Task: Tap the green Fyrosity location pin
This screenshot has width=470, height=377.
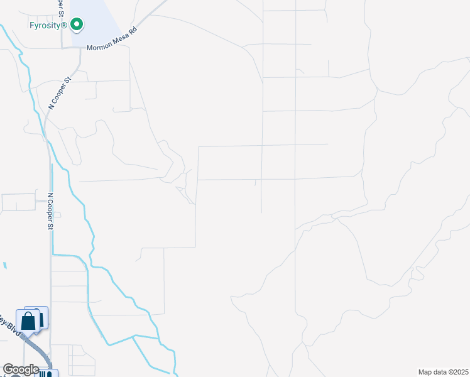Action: (77, 25)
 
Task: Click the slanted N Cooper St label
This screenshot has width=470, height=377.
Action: (61, 94)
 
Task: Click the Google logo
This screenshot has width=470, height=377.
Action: (21, 369)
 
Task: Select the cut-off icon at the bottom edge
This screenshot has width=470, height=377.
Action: (48, 374)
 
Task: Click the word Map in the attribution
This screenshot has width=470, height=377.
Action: (425, 372)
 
